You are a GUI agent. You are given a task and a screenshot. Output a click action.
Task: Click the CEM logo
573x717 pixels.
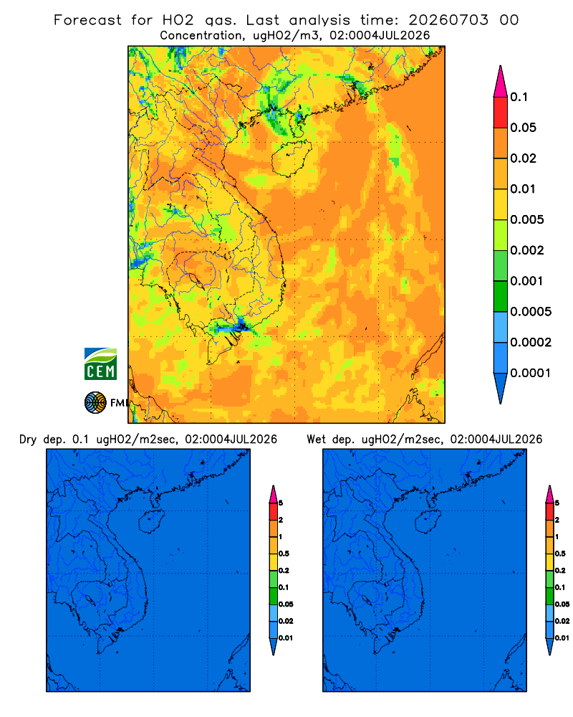(100, 364)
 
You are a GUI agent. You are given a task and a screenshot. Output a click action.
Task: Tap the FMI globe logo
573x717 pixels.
(95, 402)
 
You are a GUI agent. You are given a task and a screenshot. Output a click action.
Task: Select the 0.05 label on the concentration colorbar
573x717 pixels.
(523, 128)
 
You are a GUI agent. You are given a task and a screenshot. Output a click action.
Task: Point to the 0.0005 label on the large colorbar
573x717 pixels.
(531, 311)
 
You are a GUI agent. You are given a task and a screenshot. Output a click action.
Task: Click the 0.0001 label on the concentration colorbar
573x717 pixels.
(531, 373)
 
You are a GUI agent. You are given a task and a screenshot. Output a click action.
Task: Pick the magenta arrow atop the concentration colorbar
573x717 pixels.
(501, 81)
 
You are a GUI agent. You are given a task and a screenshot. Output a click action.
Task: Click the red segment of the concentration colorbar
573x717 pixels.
(501, 113)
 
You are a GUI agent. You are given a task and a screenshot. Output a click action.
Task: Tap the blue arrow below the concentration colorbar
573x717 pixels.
(501, 389)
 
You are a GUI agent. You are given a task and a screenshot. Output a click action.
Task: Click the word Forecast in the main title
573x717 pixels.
(87, 20)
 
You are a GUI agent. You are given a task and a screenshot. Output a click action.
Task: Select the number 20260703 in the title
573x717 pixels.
(448, 20)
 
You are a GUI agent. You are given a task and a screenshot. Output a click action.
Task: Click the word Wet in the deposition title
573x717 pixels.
(316, 440)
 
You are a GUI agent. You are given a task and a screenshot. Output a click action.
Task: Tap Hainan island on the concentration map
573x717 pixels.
(292, 158)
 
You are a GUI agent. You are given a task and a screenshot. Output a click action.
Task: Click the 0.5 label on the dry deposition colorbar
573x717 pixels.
(284, 554)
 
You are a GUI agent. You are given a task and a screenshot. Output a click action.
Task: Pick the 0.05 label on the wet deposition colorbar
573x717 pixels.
(562, 604)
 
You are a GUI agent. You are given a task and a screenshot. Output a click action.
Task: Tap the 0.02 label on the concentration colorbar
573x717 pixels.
(523, 158)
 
